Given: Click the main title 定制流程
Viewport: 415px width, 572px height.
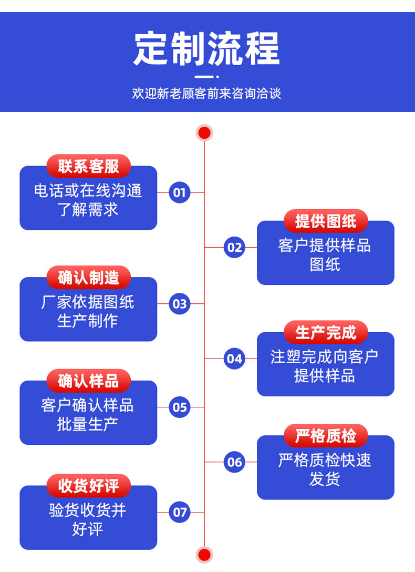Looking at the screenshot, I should click(206, 48).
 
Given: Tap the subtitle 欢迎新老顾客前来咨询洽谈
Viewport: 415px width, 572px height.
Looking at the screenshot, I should click(206, 94).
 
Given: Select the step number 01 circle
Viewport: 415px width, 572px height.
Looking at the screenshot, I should click(180, 192).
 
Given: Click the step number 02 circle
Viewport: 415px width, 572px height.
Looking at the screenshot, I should click(234, 247).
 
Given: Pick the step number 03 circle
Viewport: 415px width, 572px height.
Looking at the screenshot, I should click(180, 304).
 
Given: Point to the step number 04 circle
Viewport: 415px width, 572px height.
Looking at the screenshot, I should click(234, 359).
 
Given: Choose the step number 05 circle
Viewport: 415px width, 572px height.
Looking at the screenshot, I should click(180, 407).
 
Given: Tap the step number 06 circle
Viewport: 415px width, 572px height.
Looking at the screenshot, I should click(234, 462).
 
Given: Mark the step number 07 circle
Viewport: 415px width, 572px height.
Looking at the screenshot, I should click(180, 512).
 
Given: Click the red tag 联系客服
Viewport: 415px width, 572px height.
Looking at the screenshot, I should click(88, 166).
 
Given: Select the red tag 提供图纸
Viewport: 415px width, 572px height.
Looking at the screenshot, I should click(326, 221).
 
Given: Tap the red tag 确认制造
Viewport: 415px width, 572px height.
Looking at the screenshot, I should click(88, 277).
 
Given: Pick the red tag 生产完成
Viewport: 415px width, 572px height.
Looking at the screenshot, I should click(326, 332).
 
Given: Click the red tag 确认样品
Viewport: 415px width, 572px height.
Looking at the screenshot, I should click(88, 381).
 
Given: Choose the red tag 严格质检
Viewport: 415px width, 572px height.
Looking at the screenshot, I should click(326, 436).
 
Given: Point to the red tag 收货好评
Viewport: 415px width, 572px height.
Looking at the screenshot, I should click(88, 486).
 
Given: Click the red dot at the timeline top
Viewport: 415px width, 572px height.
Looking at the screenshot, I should click(204, 132).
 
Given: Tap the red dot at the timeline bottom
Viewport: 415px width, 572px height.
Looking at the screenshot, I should click(204, 554).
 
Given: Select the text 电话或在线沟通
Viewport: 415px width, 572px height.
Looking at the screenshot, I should click(88, 191).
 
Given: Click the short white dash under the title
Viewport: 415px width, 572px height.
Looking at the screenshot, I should click(206, 77).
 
